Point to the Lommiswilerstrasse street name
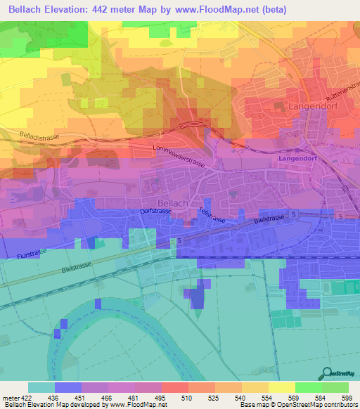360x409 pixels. click(179, 156)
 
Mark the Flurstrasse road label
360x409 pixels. click(32, 247)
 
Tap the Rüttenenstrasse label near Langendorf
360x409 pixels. click(341, 89)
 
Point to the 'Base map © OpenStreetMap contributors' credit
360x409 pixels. click(298, 405)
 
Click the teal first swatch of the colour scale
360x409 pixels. click(41, 387)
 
